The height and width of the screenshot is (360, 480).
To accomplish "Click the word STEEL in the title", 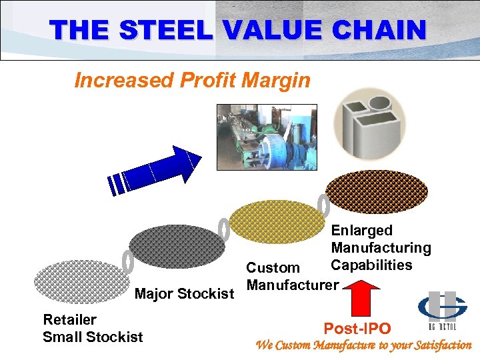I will click(x=171, y=30).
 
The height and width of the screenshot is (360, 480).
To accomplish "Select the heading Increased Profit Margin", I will click(x=192, y=81).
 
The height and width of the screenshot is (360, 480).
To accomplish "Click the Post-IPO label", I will click(x=357, y=328).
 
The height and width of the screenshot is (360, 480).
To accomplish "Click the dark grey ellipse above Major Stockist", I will click(x=173, y=247).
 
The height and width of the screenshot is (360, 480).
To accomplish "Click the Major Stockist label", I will click(x=184, y=294).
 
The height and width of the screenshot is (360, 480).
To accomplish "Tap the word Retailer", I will click(x=69, y=320).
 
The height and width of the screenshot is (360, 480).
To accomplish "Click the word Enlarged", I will click(x=361, y=231).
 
